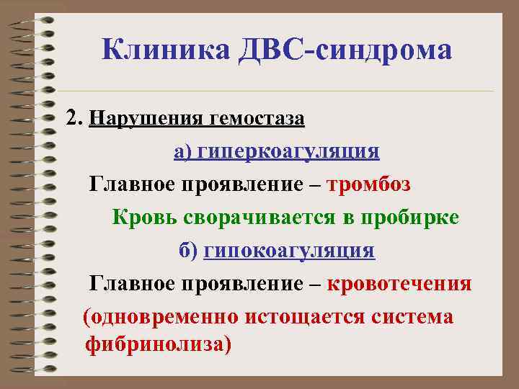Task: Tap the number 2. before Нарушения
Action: point(75,117)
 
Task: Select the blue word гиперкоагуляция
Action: point(288,152)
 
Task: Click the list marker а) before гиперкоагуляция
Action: point(183,152)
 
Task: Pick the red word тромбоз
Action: point(369,184)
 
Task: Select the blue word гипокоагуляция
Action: point(290,251)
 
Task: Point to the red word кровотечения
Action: point(400,284)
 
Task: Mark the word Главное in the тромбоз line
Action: point(128,184)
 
